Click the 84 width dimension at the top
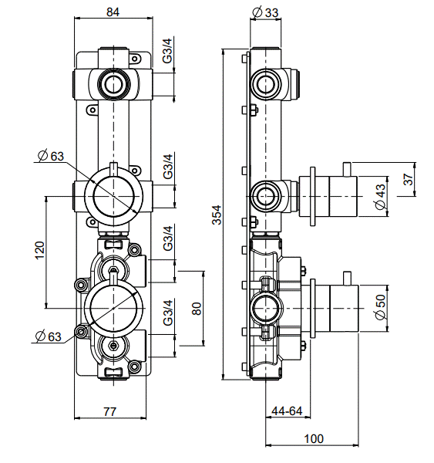coord(113,12)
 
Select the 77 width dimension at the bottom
coord(109,411)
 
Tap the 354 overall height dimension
coord(217,215)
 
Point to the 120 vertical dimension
coord(40,250)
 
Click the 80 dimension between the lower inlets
coord(197,309)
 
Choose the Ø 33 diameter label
coord(265,12)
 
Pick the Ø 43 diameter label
coord(380,196)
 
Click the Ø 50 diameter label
coord(381,307)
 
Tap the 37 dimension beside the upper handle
coord(409,179)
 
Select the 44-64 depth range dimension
coord(287,411)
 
